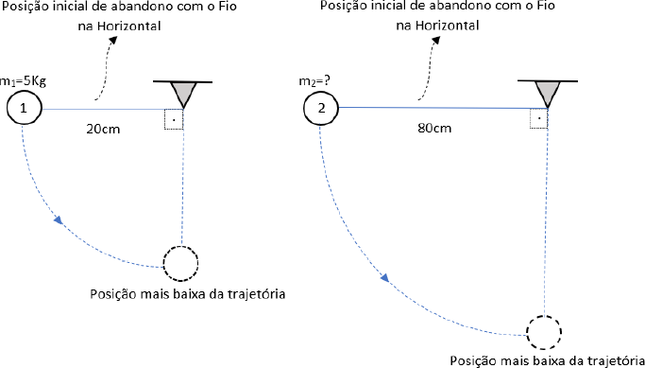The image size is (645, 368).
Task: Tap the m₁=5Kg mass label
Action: [23, 82]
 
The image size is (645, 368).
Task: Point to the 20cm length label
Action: [103, 129]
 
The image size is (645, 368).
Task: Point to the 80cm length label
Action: [434, 128]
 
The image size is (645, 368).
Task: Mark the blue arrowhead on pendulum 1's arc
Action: [59, 219]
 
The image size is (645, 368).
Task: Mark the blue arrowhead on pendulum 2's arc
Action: [384, 277]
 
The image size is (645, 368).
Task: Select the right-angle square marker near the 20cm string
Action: [173, 120]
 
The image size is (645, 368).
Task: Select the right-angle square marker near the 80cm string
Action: [538, 119]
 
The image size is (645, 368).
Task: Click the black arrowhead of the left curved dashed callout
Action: [112, 39]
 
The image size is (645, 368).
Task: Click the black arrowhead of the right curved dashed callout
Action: [436, 39]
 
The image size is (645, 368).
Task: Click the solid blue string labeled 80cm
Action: [443, 108]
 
